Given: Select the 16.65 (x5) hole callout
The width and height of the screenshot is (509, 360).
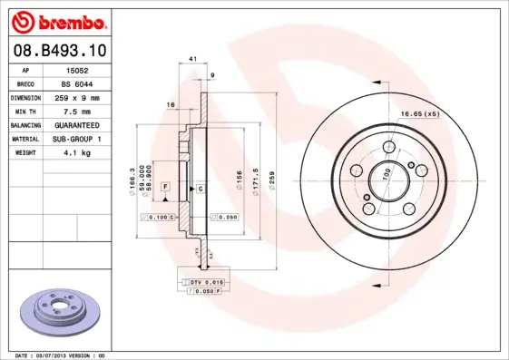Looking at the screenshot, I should tap(420, 113).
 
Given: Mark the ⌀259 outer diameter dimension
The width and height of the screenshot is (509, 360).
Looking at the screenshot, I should tap(271, 173).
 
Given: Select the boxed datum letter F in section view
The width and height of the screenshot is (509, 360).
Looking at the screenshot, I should tap(165, 186).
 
